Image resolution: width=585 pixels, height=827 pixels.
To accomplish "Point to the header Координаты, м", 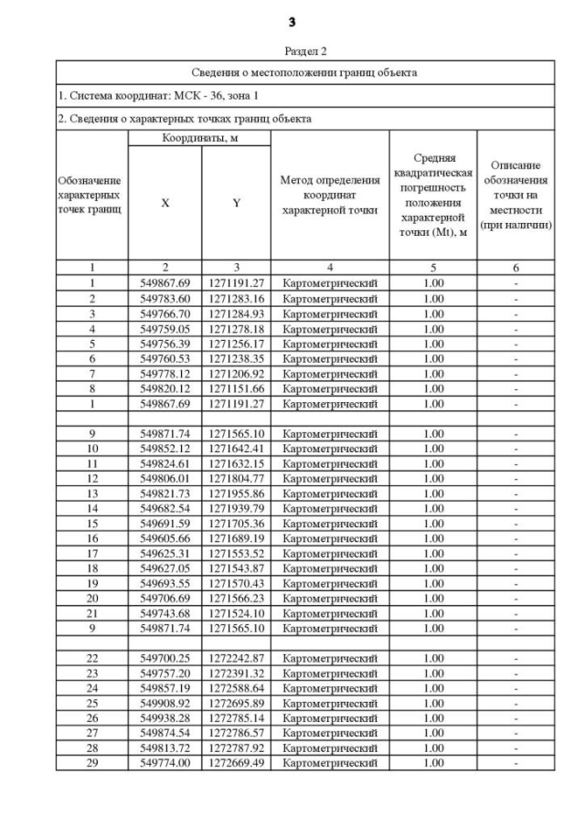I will [198, 138].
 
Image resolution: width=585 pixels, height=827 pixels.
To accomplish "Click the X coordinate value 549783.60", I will [165, 299].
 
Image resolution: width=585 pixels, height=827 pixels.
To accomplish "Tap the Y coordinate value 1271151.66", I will [236, 388].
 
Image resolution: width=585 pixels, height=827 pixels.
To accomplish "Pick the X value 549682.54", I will [165, 508].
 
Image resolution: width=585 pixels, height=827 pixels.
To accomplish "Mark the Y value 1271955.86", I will [236, 493].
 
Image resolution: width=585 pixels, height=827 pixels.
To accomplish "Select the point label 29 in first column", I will [92, 763].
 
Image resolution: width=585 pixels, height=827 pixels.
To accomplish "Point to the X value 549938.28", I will [165, 718].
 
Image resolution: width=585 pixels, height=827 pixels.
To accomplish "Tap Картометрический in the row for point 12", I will [329, 478].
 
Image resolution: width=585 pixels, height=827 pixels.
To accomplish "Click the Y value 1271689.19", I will [236, 538].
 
